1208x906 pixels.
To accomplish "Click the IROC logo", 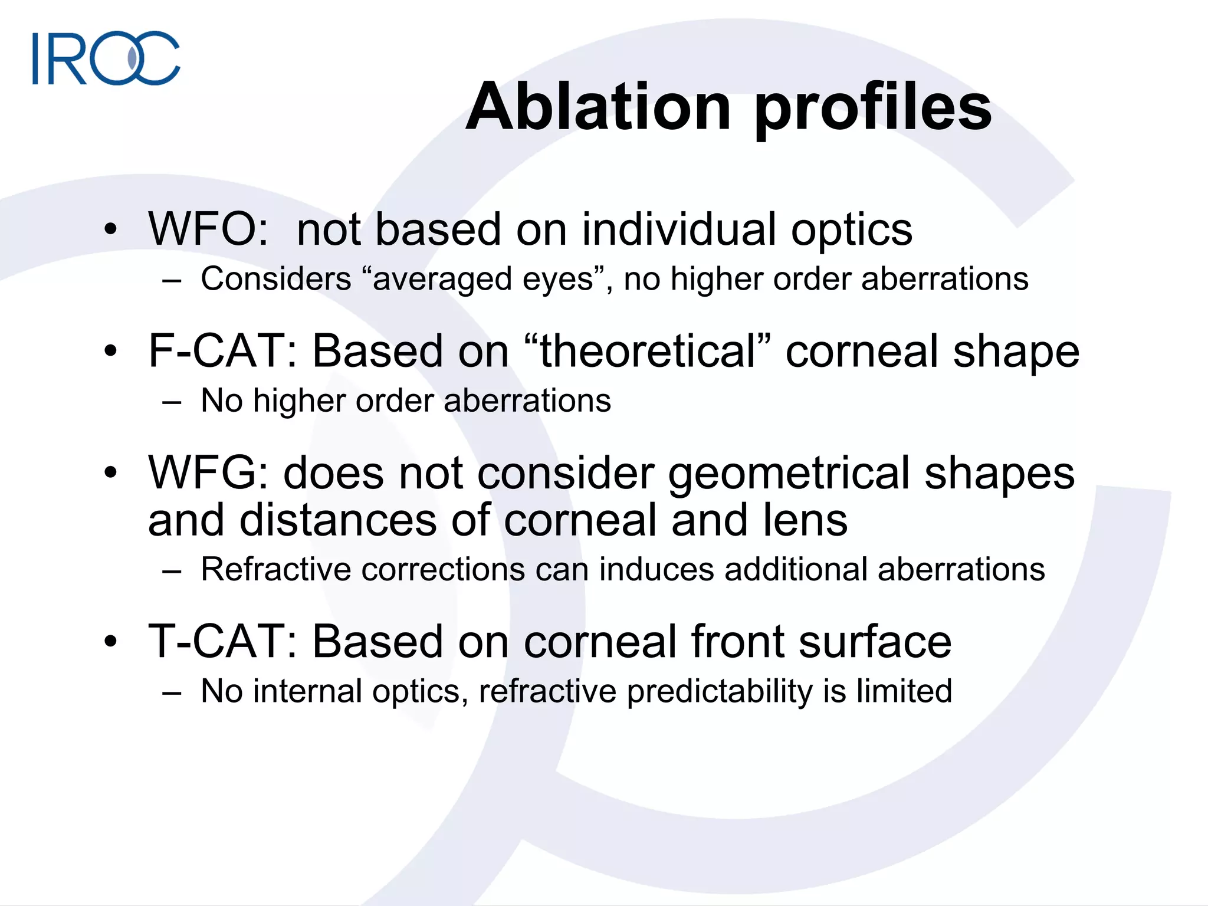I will click(106, 58).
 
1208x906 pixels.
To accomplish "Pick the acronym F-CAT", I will click(222, 351).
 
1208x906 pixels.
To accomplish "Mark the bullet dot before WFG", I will click(110, 473).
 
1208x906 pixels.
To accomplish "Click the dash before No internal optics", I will click(172, 692).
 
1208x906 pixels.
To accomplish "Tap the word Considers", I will click(276, 280).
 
